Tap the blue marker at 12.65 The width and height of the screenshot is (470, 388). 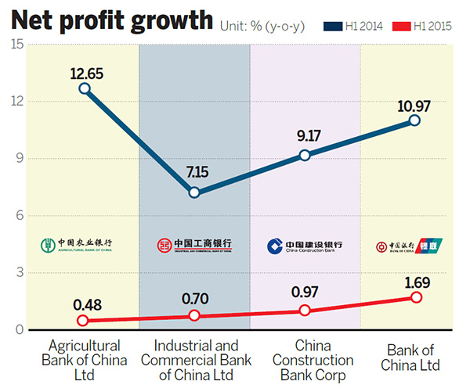coord(84,88)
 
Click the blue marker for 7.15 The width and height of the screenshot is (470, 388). coord(194,192)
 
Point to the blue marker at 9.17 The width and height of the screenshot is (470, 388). coord(305,155)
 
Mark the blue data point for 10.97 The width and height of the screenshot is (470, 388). coord(415,120)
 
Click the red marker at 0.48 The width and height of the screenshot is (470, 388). coord(84,321)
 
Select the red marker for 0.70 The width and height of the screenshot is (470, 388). coord(194,316)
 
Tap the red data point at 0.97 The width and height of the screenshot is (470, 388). coord(305,311)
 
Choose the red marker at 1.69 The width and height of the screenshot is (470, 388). coord(415,297)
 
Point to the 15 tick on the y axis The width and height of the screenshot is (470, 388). coord(15,45)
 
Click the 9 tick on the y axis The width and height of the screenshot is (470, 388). coord(17,159)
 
